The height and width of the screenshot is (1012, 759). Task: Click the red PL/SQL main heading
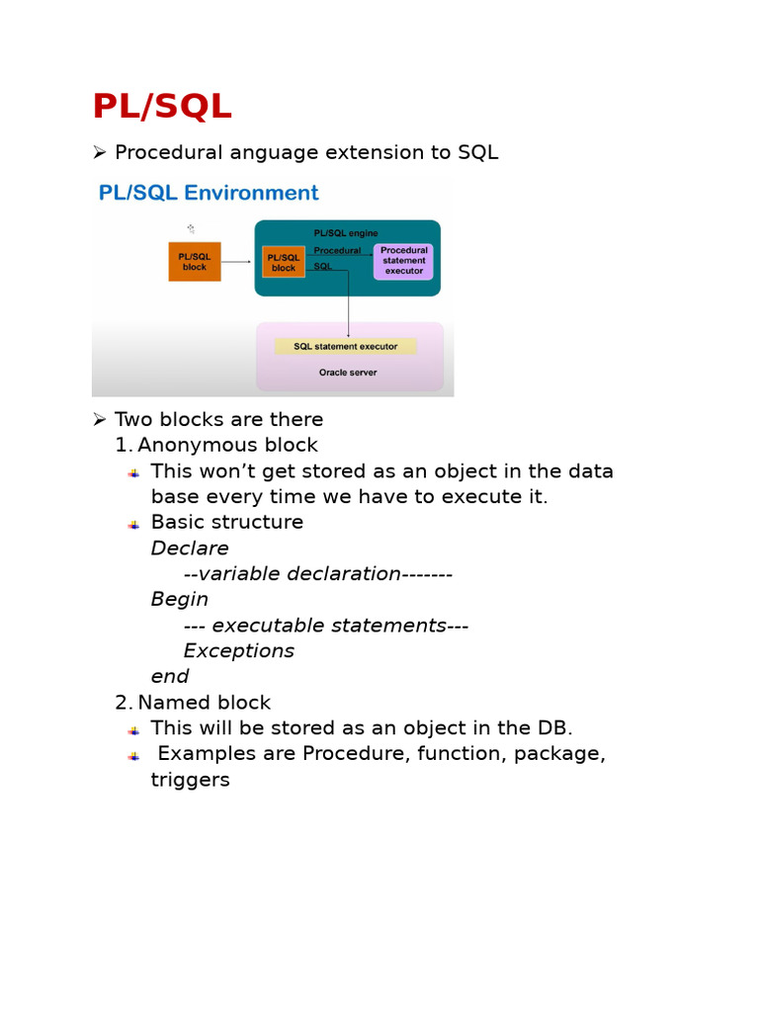(162, 107)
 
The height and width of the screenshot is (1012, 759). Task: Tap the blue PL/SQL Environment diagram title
(208, 193)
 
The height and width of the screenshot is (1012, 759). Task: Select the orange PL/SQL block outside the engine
(195, 262)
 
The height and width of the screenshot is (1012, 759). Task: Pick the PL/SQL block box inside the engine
(284, 262)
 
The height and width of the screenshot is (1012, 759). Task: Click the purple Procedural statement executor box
(403, 262)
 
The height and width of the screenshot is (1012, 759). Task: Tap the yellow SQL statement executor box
(345, 347)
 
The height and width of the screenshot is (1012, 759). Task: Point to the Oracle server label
(347, 373)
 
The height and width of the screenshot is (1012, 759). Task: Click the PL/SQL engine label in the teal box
(345, 233)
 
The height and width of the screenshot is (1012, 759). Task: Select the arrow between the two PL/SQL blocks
(237, 262)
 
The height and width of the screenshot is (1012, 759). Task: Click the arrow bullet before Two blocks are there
(99, 419)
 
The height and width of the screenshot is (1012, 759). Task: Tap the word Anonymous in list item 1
(197, 445)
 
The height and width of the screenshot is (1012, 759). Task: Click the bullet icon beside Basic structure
(133, 524)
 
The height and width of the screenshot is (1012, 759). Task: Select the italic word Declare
(190, 548)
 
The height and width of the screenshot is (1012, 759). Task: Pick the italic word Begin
(180, 599)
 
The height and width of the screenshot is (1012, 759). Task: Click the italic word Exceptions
(239, 650)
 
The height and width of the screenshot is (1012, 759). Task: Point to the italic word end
(170, 676)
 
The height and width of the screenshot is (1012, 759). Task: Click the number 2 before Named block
(123, 703)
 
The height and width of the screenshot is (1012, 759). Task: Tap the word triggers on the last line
(191, 780)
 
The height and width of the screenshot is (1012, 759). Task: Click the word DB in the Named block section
(551, 728)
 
